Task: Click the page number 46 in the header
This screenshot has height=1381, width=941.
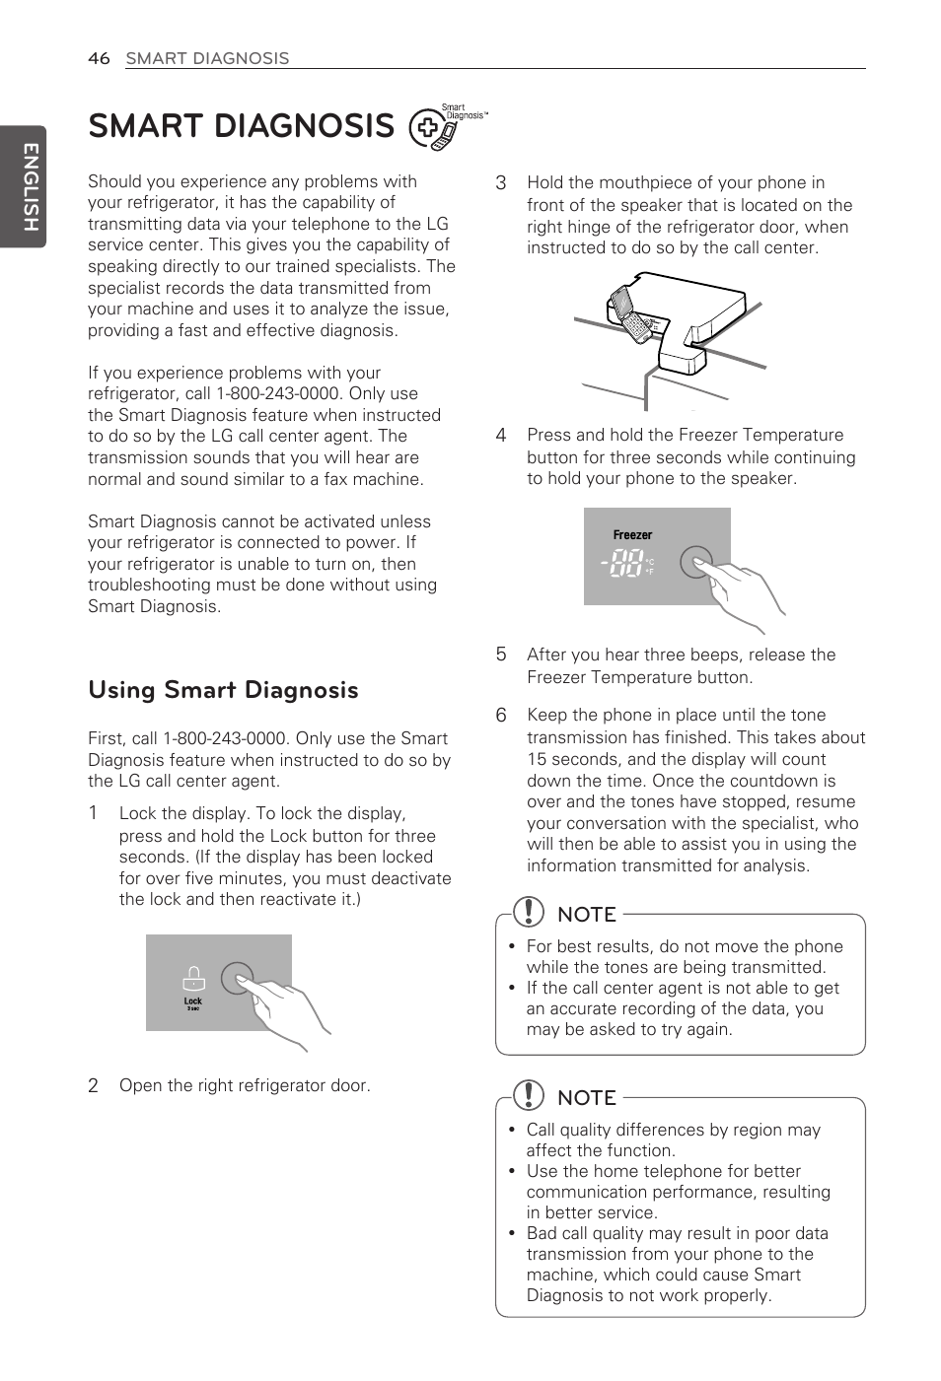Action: click(99, 58)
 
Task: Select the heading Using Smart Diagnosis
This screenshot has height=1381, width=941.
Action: click(223, 690)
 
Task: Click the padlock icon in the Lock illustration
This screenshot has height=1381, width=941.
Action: click(193, 978)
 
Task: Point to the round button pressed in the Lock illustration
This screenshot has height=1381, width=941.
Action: click(237, 978)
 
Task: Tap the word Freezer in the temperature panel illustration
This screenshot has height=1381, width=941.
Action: click(632, 535)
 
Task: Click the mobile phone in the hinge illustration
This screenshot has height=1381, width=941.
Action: click(631, 314)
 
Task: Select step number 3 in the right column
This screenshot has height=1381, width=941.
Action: click(501, 183)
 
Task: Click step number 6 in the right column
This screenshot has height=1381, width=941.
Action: click(501, 716)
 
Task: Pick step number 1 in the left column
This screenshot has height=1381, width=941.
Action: click(93, 813)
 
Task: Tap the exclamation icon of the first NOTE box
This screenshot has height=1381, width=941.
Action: click(529, 912)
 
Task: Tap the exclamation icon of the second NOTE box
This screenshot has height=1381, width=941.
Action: click(529, 1095)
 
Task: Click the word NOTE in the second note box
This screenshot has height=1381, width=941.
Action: click(587, 1098)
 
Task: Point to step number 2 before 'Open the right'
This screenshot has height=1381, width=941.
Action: click(93, 1086)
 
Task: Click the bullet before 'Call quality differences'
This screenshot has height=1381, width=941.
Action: click(512, 1131)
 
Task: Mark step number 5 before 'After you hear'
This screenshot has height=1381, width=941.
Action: click(501, 655)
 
